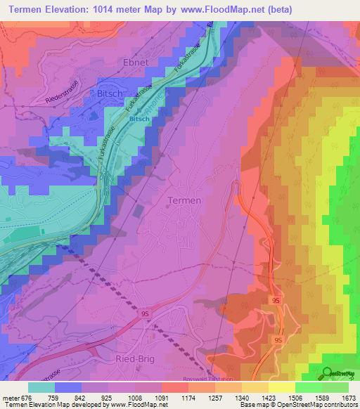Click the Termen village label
[x=184, y=200]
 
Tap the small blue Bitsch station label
[x=138, y=119]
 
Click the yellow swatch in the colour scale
[x=281, y=387]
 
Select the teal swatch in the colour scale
[x=41, y=387]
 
